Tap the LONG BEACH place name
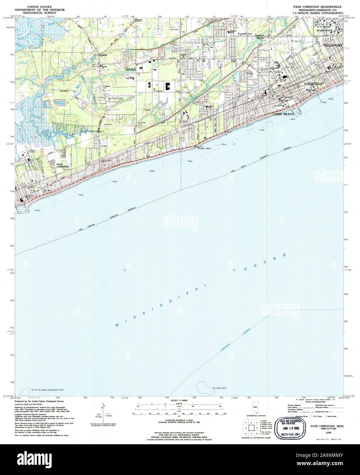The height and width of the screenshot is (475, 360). point(283,114)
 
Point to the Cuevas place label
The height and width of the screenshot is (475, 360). point(103,55)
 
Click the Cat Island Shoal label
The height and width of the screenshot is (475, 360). point(219,388)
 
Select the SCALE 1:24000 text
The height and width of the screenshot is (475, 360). point(179,400)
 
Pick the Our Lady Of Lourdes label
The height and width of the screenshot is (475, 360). point(117,98)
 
